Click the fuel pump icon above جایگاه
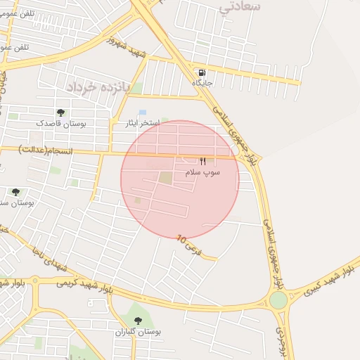pos(202,72)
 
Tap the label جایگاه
pos(202,83)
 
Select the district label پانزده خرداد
pos(99,86)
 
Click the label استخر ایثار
pos(140,123)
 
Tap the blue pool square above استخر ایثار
pos(143,112)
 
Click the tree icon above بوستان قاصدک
pos(60,112)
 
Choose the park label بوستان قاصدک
pos(60,123)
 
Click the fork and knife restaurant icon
pos(202,161)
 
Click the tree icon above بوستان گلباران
pos(137,321)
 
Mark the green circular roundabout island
pos(278,300)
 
